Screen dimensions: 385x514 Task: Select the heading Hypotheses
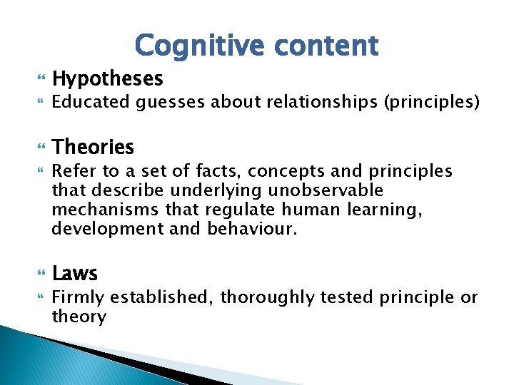point(108,78)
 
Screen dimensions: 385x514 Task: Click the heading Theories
point(93,148)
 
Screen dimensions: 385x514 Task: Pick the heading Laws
point(75,273)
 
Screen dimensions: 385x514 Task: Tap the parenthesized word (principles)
point(432,103)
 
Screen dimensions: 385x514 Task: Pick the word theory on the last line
point(79,317)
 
